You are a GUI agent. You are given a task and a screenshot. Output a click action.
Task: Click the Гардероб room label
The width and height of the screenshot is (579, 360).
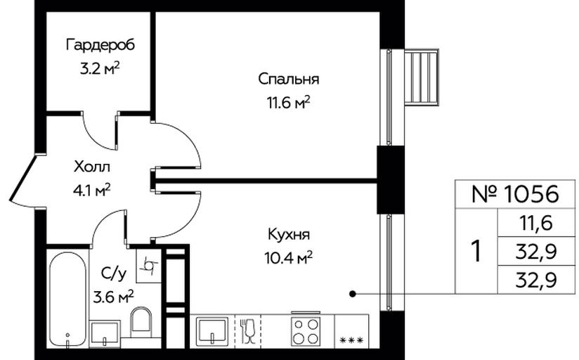[100, 45]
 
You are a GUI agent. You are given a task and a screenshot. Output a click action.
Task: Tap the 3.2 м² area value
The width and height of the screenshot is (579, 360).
[100, 68]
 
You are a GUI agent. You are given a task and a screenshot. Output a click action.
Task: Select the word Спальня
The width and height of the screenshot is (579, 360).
[288, 79]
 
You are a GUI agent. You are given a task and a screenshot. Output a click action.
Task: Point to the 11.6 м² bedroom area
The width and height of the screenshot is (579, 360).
[288, 103]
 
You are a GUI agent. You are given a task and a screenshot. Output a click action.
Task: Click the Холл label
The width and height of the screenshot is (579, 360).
[92, 167]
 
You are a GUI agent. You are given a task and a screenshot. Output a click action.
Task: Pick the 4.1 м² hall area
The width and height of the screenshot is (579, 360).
[92, 191]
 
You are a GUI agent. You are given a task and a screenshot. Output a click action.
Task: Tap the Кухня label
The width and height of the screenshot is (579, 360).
[288, 234]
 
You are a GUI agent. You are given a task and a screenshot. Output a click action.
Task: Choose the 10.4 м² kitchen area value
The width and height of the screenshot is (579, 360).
[288, 258]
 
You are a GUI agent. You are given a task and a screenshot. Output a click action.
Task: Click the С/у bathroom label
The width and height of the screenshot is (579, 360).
[113, 274]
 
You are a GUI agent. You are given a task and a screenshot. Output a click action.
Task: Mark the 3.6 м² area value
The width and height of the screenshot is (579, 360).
[113, 297]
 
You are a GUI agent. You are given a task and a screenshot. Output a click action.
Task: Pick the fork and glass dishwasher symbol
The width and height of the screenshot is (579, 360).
[247, 330]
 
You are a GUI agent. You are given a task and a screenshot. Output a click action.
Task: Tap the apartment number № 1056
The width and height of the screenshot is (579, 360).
[515, 194]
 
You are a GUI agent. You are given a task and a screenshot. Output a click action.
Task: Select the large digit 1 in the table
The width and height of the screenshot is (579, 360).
[476, 251]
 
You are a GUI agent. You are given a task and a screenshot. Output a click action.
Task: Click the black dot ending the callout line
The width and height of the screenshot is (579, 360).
[353, 294]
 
